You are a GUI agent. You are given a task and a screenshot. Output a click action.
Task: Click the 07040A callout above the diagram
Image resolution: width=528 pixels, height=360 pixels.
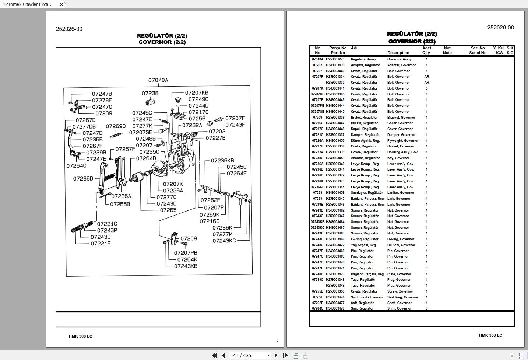click(158, 80)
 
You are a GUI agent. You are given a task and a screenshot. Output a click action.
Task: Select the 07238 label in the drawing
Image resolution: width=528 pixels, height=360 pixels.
click(150, 93)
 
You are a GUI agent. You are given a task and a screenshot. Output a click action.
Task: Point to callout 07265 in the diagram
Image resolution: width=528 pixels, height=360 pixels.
click(168, 210)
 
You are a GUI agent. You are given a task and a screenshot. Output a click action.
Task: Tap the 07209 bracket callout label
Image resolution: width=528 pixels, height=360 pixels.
click(189, 238)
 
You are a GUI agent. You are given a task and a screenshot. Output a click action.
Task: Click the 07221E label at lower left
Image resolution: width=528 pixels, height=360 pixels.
click(101, 244)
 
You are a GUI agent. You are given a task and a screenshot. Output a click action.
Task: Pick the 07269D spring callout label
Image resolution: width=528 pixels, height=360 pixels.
click(116, 126)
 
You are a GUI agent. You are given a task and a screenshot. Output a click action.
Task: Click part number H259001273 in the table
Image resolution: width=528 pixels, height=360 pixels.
click(335, 59)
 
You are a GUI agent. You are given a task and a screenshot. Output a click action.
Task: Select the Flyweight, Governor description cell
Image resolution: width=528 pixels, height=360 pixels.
click(402, 141)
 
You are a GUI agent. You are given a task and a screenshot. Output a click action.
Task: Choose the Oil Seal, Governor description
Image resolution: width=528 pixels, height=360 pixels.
click(401, 245)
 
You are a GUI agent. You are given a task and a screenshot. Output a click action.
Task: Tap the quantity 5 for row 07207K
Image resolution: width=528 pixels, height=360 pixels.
click(427, 88)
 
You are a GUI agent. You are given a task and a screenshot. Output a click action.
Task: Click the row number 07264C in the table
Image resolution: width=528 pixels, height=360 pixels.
click(317, 308)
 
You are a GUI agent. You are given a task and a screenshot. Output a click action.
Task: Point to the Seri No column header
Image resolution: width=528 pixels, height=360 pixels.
click(478, 48)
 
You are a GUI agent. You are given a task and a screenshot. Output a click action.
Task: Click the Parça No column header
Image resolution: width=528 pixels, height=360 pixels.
click(338, 48)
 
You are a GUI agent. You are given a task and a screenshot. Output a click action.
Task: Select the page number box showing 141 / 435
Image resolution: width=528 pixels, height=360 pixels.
click(247, 355)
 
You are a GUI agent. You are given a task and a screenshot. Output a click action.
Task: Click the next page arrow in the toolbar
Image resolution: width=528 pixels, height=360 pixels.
click(276, 355)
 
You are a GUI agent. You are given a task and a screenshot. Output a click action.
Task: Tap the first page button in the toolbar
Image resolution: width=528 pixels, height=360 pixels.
click(214, 355)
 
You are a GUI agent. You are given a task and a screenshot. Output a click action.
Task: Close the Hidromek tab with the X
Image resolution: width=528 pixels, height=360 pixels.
click(61, 4)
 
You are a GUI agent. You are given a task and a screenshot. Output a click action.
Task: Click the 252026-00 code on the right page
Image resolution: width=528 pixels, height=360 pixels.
click(500, 28)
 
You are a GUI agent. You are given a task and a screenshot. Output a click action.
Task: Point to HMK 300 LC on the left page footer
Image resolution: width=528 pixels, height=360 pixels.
click(80, 336)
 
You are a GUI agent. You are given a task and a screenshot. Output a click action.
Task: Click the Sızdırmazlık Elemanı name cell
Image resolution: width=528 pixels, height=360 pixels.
click(366, 297)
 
